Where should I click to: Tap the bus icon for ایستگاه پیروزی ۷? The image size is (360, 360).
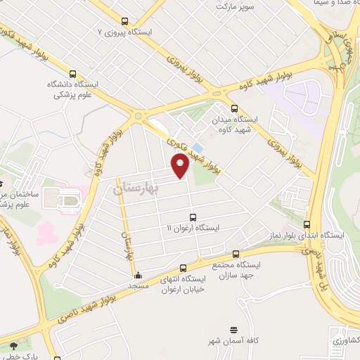[125, 21]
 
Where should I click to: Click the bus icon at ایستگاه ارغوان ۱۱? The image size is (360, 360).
[193, 217]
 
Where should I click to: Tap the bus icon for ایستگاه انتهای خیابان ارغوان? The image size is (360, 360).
[184, 268]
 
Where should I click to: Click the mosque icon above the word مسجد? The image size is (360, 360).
[138, 276]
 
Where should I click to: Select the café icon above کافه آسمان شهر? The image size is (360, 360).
[234, 329]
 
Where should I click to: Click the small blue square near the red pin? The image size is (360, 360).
[197, 148]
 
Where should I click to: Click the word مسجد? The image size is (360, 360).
[137, 286]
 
